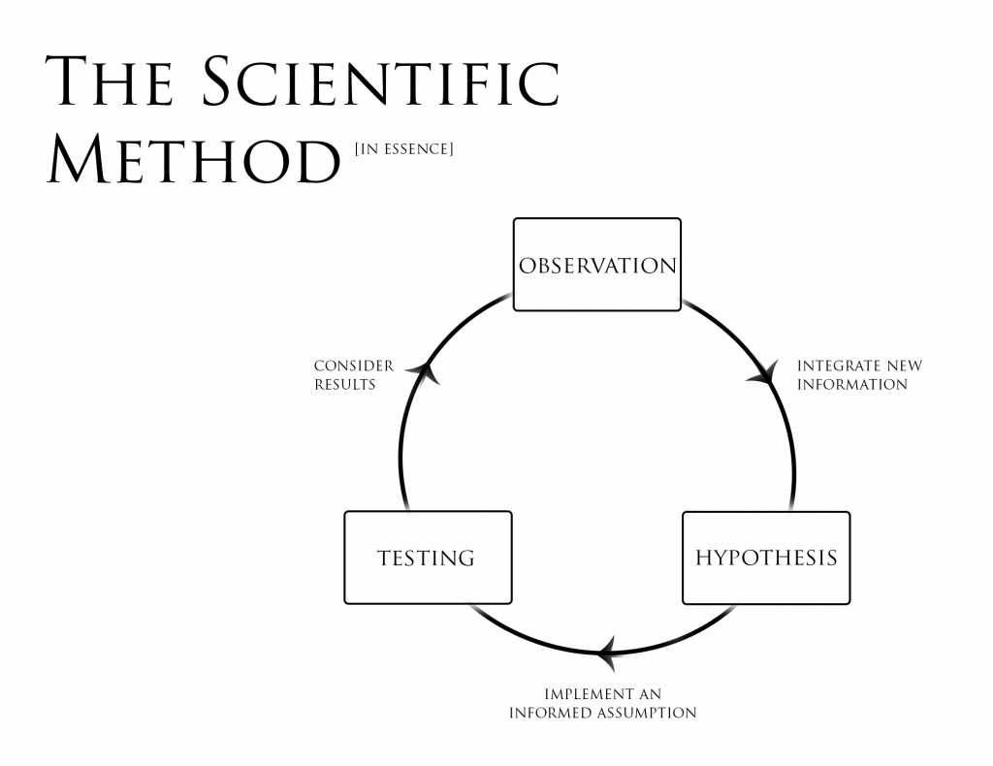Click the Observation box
[596, 265]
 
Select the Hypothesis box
[766, 558]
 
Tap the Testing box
[428, 558]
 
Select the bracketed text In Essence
[403, 148]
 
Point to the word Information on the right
[851, 384]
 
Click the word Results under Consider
[344, 384]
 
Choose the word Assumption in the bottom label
[646, 713]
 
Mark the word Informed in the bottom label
[550, 713]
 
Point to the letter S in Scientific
[224, 82]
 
